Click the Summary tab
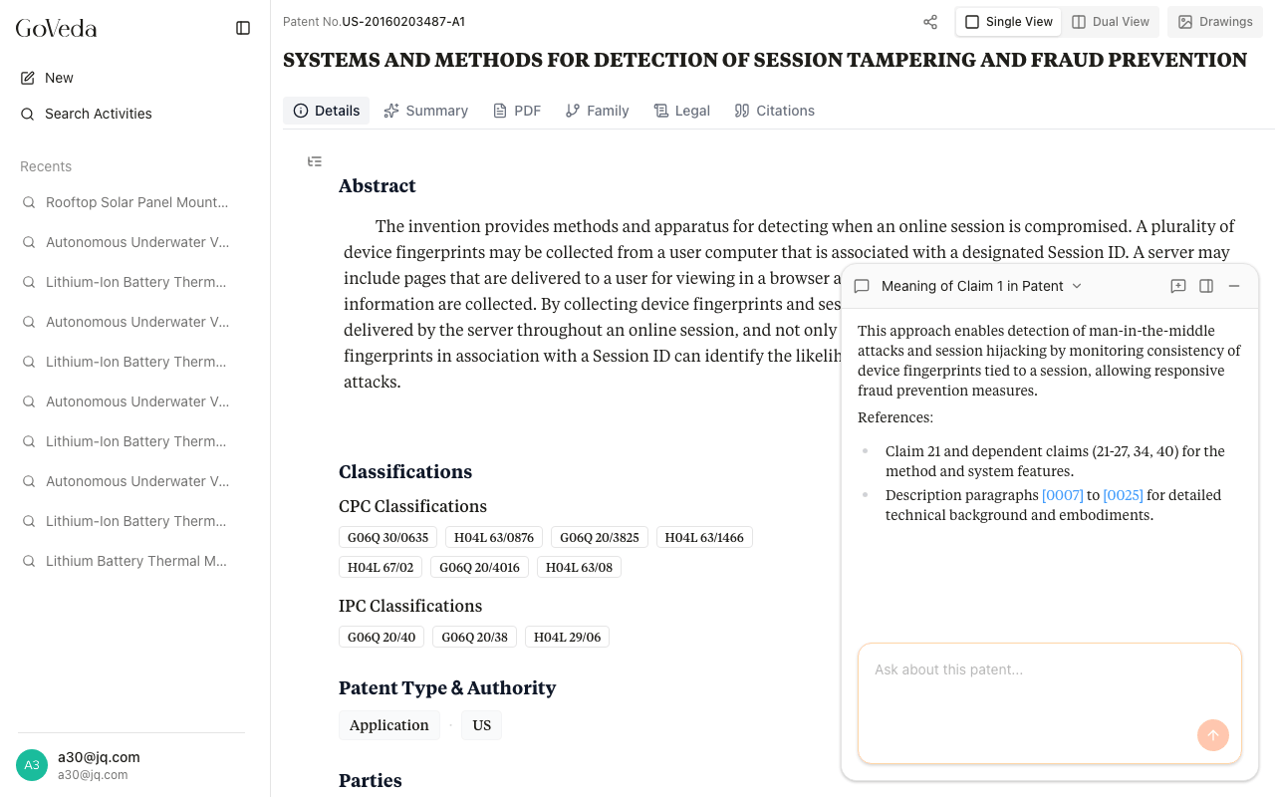[x=425, y=111]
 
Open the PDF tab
[x=517, y=111]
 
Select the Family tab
[x=597, y=111]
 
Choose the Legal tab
[x=681, y=111]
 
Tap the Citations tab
[x=774, y=111]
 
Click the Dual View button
[x=1110, y=22]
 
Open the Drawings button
[x=1214, y=22]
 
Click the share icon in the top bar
[x=930, y=22]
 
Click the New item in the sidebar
[x=59, y=78]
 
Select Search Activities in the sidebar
[x=98, y=114]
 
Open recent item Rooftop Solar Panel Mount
[x=136, y=202]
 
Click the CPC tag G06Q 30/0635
[x=387, y=538]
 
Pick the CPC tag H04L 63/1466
[x=704, y=538]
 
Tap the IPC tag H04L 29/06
[x=567, y=638]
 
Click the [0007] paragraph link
[x=1062, y=495]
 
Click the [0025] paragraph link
[x=1123, y=495]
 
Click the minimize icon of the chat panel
[x=1234, y=286]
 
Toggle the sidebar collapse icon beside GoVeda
[x=243, y=28]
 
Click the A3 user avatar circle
[x=32, y=765]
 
